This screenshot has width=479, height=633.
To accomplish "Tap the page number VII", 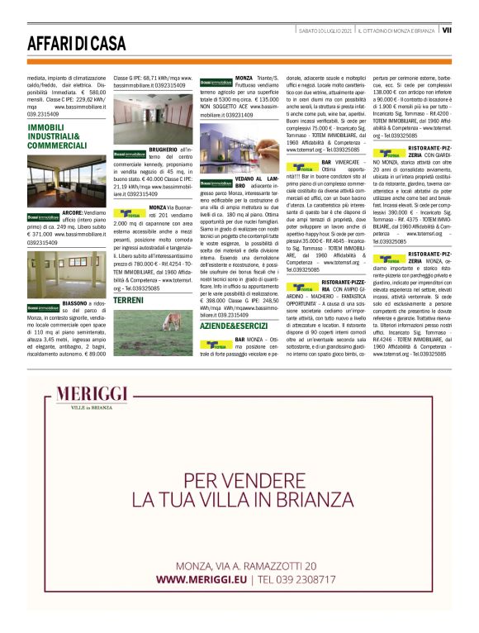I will click(x=446, y=31).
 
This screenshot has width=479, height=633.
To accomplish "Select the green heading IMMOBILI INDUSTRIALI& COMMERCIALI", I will click(x=56, y=136).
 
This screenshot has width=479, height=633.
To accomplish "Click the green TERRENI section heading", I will click(x=129, y=299).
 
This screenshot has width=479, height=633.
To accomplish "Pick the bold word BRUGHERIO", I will click(x=164, y=149).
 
